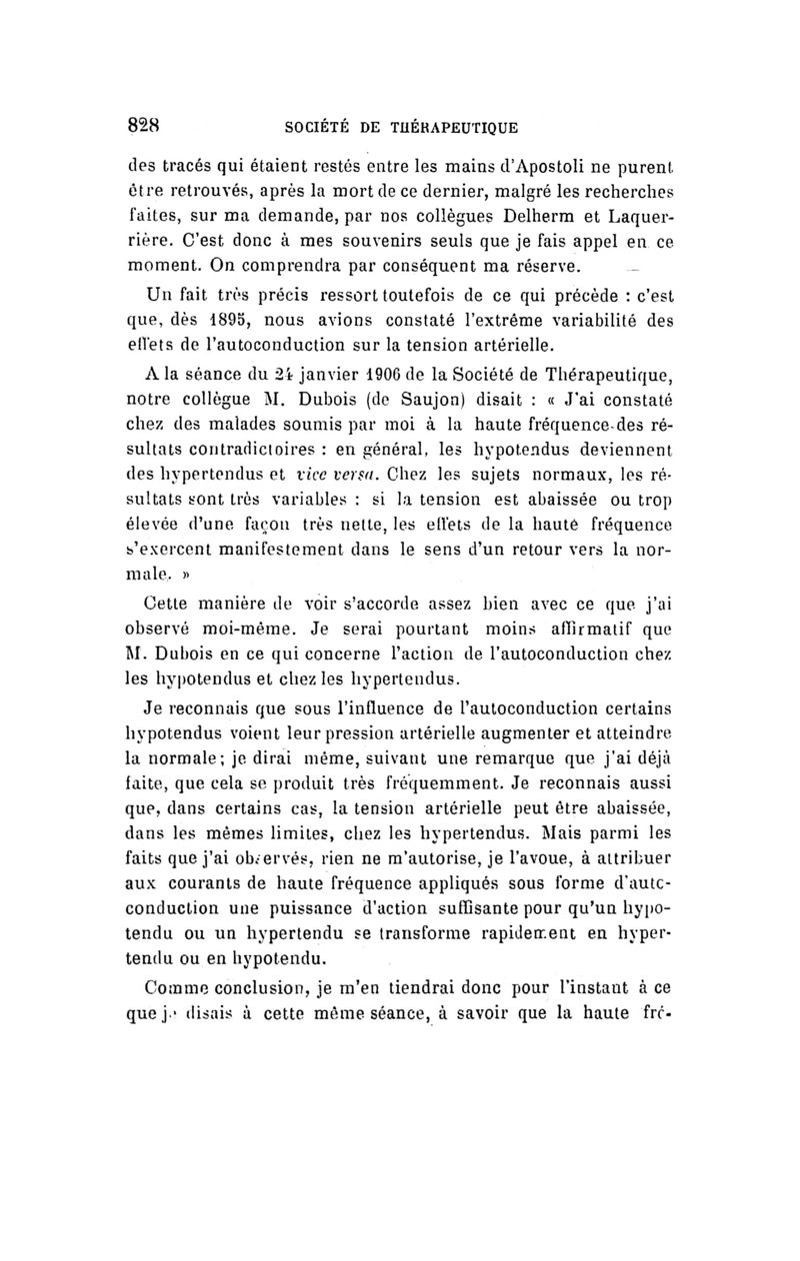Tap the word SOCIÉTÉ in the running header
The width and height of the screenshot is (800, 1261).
click(x=318, y=128)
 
